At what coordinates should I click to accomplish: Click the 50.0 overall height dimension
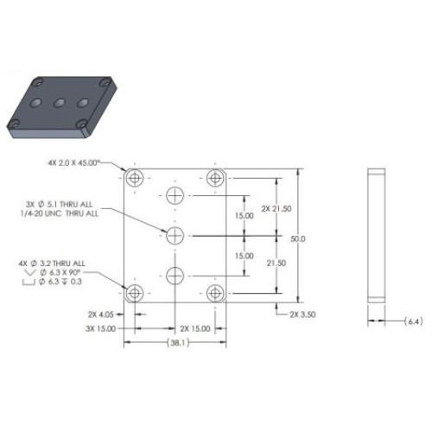pos(299,238)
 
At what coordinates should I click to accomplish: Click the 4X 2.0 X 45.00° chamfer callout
pos(86,162)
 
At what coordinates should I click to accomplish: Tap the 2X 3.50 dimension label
pos(304,316)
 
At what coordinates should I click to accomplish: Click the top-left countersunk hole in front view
pos(134,178)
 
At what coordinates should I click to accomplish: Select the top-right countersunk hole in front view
pos(216,178)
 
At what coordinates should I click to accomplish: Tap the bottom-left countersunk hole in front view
pos(134,293)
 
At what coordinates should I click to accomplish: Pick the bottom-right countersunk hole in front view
pos(216,293)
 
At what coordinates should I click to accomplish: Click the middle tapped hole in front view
pos(175,235)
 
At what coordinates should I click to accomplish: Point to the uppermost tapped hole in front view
pos(175,194)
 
